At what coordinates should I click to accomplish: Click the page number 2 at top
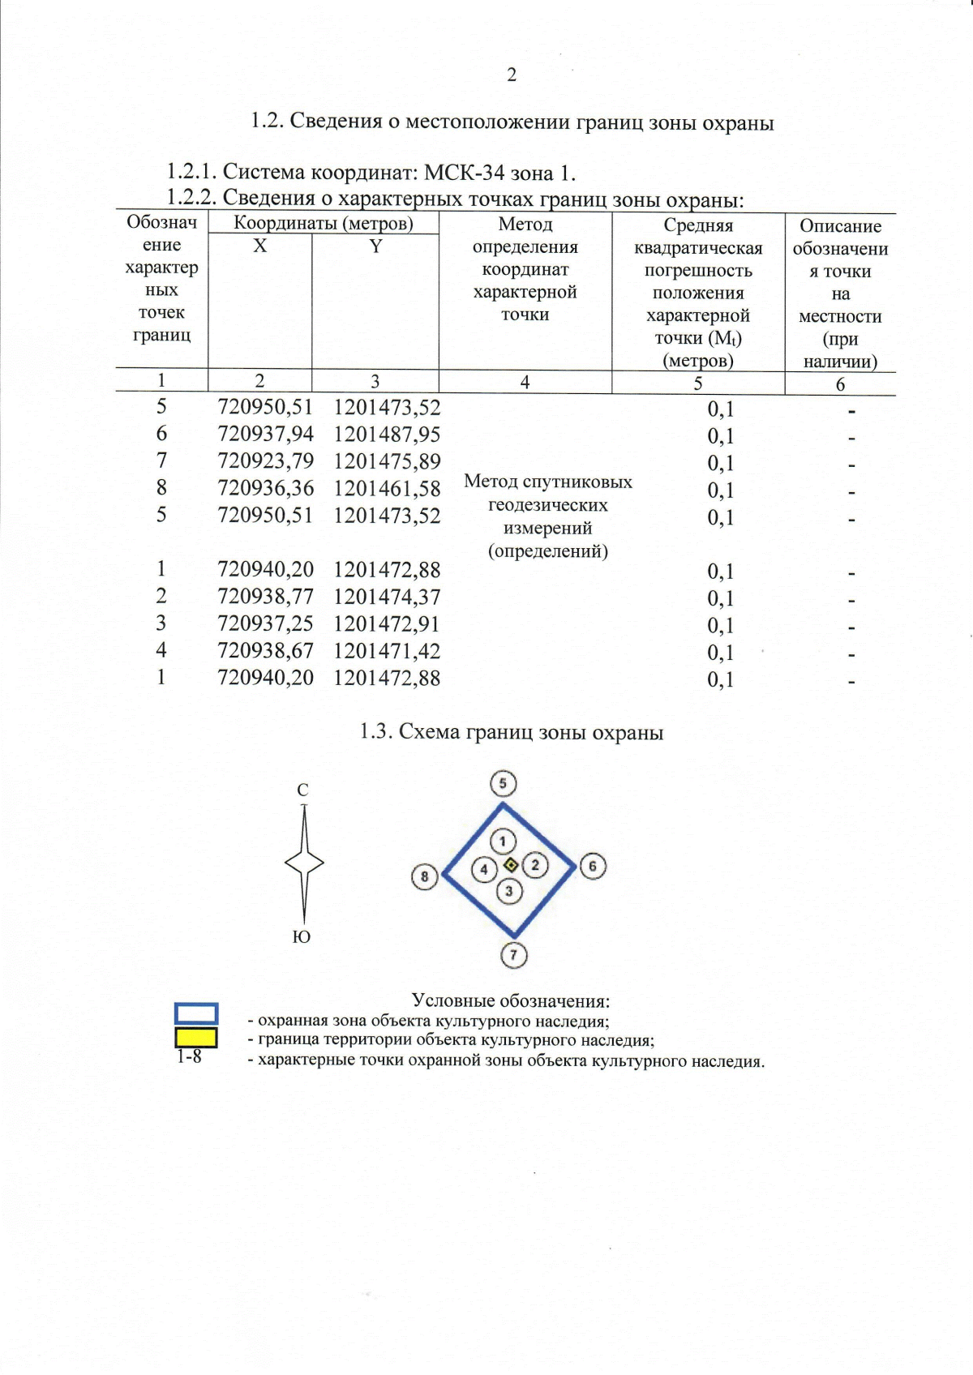click(x=512, y=75)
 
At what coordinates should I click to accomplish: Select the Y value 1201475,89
click(x=387, y=461)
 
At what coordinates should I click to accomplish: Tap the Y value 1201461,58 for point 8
click(x=387, y=489)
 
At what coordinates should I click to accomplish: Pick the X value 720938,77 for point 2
click(x=265, y=597)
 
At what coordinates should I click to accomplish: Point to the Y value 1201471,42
click(x=387, y=651)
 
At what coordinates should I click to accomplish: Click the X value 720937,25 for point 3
click(x=265, y=623)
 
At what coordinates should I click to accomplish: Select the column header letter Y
click(x=375, y=246)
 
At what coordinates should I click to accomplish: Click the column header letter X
click(x=259, y=246)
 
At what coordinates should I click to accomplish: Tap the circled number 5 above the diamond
click(x=504, y=783)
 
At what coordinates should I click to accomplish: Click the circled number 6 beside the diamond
click(x=593, y=866)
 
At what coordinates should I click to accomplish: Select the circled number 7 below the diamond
click(x=513, y=955)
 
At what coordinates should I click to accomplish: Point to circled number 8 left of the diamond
click(x=425, y=876)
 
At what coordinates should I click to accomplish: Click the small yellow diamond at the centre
click(x=511, y=865)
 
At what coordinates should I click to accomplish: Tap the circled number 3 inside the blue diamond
click(x=509, y=892)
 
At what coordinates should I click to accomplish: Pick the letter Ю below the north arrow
click(x=301, y=937)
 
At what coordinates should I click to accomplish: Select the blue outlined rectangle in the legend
click(x=196, y=1013)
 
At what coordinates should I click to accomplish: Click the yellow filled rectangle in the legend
click(x=196, y=1038)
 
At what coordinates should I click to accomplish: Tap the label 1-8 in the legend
click(x=189, y=1057)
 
